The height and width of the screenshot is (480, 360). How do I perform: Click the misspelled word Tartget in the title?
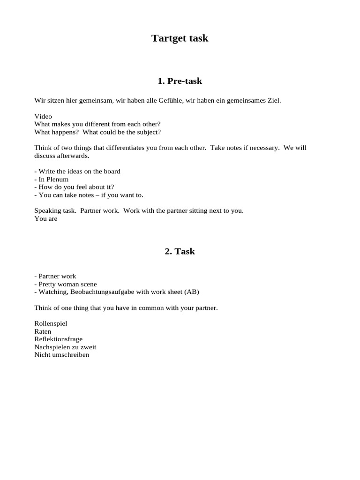(x=167, y=38)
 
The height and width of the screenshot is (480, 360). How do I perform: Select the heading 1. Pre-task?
(x=180, y=81)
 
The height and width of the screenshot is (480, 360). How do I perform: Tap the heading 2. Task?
(x=180, y=251)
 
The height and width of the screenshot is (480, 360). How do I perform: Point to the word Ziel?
(x=274, y=101)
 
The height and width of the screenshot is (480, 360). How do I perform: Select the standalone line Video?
(x=43, y=116)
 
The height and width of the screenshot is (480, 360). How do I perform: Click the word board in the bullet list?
(x=111, y=171)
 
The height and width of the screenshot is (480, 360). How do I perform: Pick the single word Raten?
(x=43, y=331)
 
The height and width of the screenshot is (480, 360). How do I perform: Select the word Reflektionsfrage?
(x=58, y=339)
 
